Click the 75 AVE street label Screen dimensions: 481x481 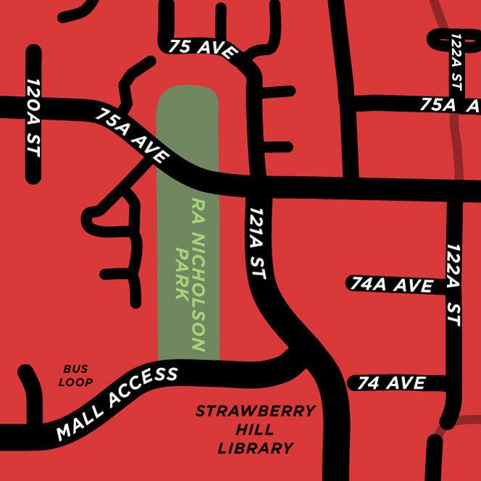pyautogui.click(x=204, y=48)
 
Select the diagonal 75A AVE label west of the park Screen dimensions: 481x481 pyautogui.click(x=132, y=136)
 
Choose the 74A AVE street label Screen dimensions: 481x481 pyautogui.click(x=392, y=285)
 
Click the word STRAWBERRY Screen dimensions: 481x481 pyautogui.click(x=256, y=412)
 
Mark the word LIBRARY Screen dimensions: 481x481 pyautogui.click(x=256, y=448)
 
